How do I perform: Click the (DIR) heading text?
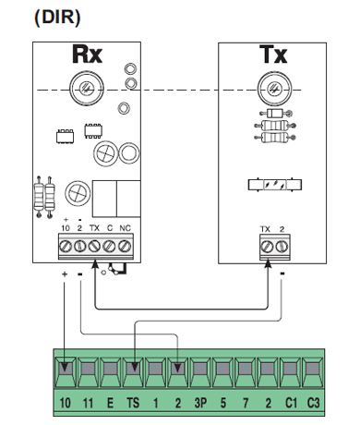point(57,18)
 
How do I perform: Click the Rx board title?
point(87,55)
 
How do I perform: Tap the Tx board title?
point(273,55)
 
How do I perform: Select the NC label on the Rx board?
point(125,228)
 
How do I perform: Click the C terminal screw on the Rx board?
point(109,246)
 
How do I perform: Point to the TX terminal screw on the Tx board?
point(267,247)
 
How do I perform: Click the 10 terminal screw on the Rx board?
point(66,246)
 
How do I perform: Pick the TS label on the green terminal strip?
point(133,403)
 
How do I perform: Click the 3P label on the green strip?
point(200,403)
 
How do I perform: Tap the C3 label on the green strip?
point(314,403)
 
